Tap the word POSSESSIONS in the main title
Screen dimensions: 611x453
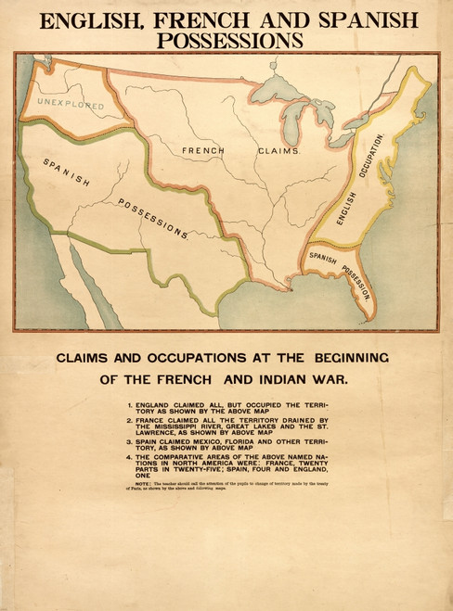pyautogui.click(x=230, y=40)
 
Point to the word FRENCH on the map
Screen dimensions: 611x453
pyautogui.click(x=203, y=149)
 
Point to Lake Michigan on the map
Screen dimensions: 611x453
pyautogui.click(x=293, y=116)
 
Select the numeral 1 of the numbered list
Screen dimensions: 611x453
pyautogui.click(x=131, y=406)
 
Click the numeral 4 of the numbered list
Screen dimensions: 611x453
pyautogui.click(x=131, y=457)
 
